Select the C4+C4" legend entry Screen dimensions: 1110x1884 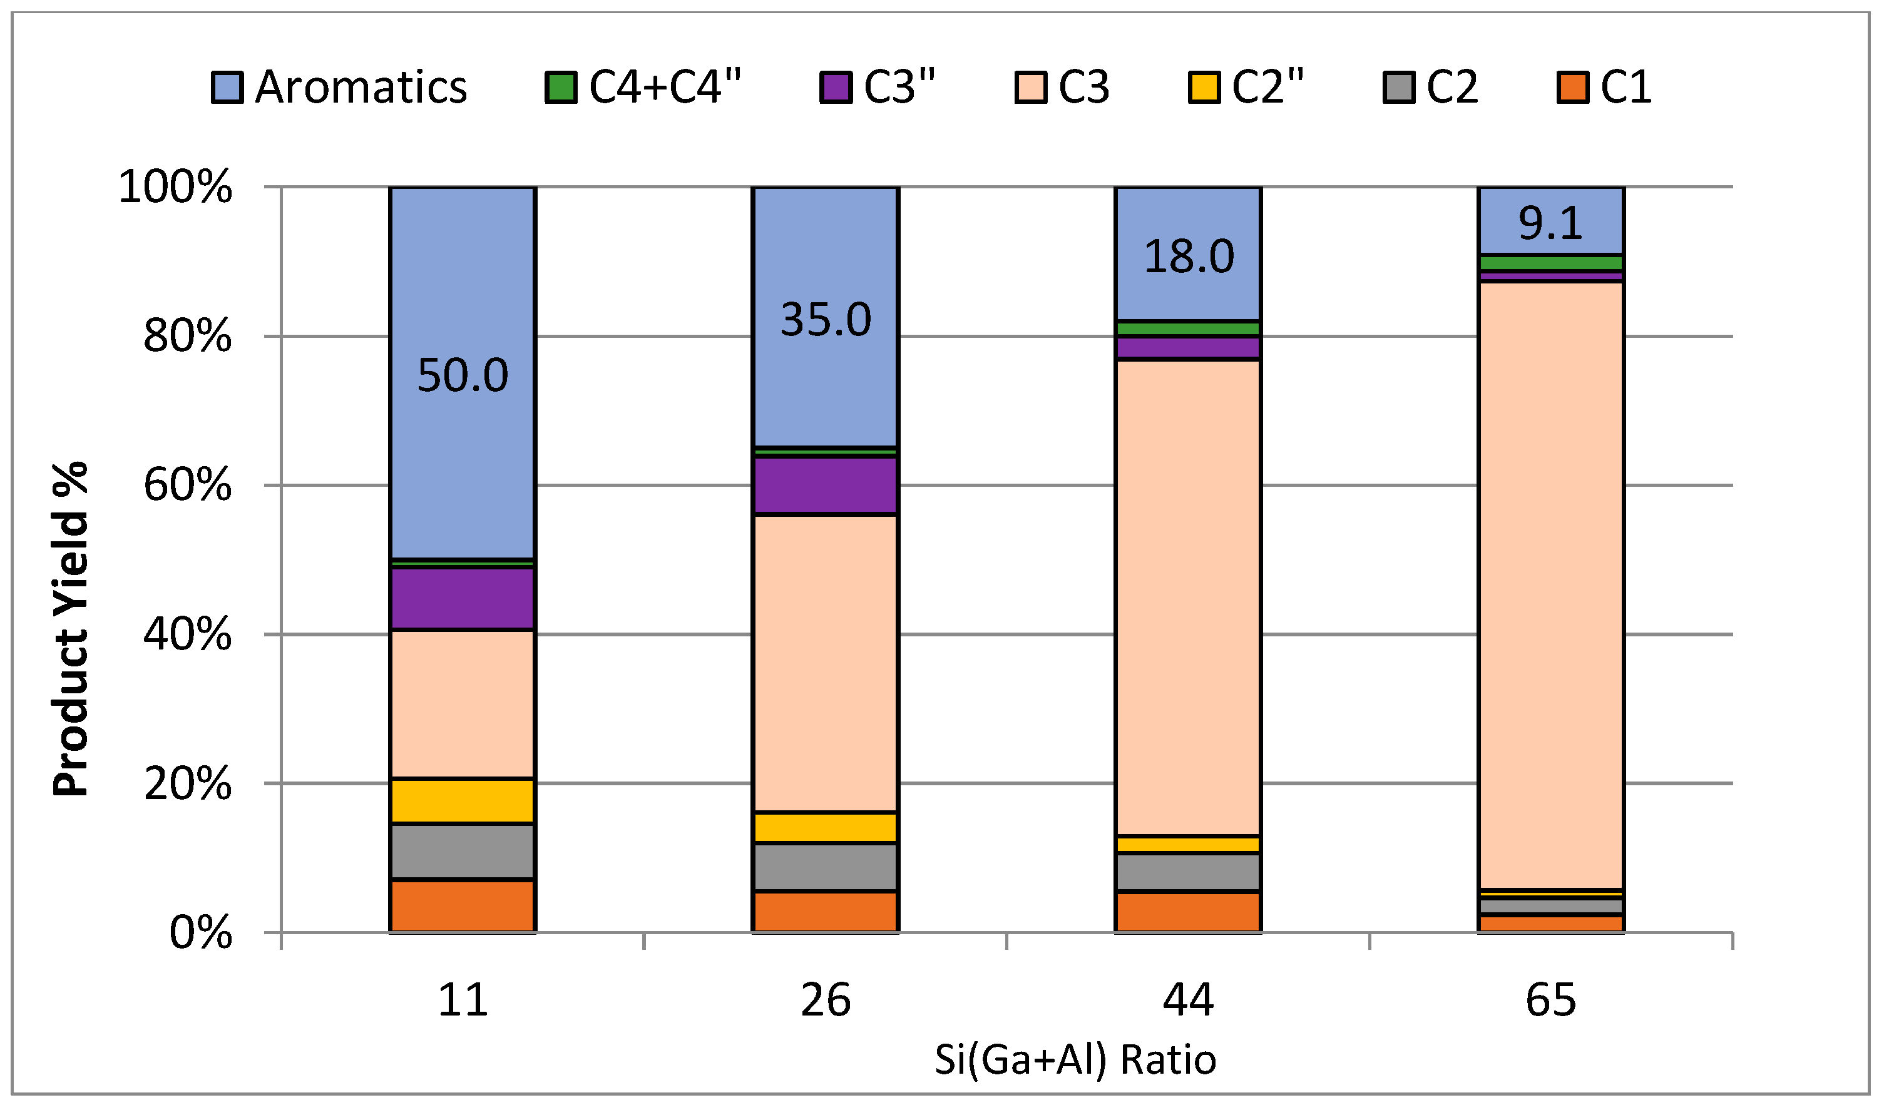tap(643, 88)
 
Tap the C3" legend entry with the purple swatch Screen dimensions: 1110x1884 tap(878, 88)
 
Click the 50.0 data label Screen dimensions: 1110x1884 tap(463, 375)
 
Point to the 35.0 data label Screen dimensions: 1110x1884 tap(826, 320)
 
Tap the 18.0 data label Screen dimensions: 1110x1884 tap(1189, 257)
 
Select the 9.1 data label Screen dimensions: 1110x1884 tap(1551, 223)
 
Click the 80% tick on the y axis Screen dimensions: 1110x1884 tap(187, 337)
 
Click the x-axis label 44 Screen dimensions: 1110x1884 tap(1188, 1000)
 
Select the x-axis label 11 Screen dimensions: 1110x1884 tap(463, 1000)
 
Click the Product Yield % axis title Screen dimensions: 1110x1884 tap(71, 630)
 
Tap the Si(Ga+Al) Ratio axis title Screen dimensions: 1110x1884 tap(1075, 1060)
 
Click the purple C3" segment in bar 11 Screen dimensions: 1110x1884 tap(463, 598)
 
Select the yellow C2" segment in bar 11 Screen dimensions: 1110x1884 tap(463, 801)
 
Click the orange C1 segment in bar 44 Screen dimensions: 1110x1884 tap(1188, 912)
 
